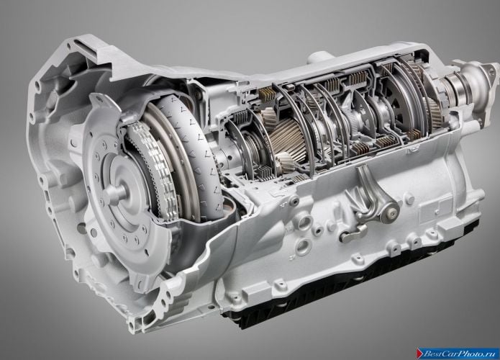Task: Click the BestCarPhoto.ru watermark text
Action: [460, 354]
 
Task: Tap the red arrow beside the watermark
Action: [419, 354]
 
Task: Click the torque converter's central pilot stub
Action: [117, 190]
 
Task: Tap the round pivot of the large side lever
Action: [390, 211]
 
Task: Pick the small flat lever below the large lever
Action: [353, 233]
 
